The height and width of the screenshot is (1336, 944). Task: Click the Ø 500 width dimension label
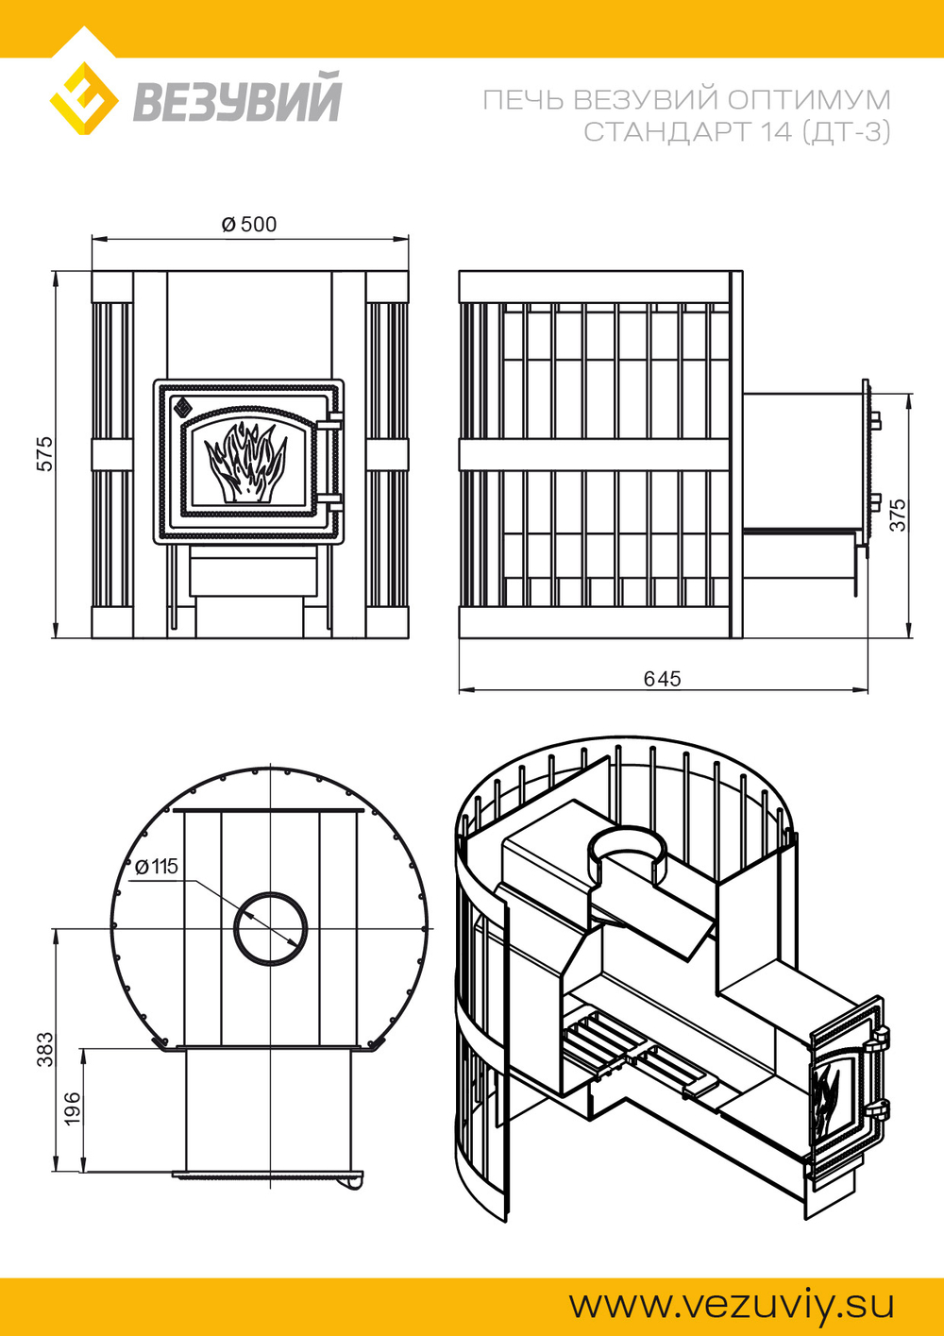pyautogui.click(x=249, y=225)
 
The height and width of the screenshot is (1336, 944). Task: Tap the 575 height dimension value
pyautogui.click(x=45, y=454)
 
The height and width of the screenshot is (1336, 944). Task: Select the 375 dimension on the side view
pyautogui.click(x=898, y=515)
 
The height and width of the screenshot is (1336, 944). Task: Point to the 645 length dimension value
pyautogui.click(x=663, y=679)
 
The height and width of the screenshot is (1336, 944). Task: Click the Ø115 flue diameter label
pyautogui.click(x=157, y=867)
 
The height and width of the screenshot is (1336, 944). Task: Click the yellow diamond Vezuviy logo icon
pyautogui.click(x=83, y=98)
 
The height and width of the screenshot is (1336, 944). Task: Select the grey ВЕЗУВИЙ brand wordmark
pyautogui.click(x=236, y=98)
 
